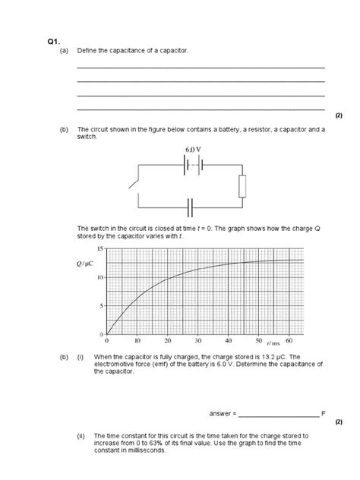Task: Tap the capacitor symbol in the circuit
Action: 191,205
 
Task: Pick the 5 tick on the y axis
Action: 101,306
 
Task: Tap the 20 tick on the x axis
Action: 168,340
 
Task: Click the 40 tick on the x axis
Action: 228,340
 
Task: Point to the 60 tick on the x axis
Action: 289,340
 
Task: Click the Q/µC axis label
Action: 85,264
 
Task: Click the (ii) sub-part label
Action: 81,437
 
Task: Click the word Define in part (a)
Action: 87,51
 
